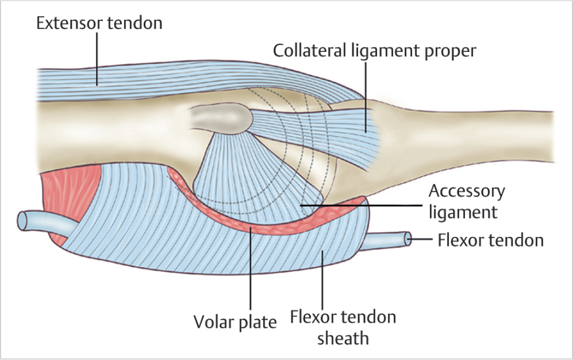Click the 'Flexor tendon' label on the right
[x=490, y=240]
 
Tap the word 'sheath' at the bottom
[x=343, y=338]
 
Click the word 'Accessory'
[x=467, y=191]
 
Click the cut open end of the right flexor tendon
[x=407, y=239]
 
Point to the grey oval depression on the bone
[x=218, y=118]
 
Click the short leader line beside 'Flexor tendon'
[x=422, y=240]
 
